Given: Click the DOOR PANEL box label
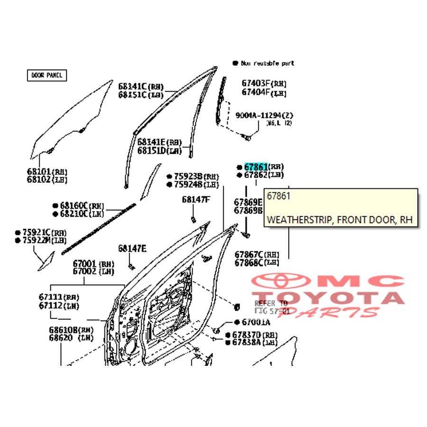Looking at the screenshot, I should click(x=46, y=75).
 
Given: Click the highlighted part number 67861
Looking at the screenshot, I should click(x=256, y=167).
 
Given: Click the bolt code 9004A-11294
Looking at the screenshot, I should click(x=259, y=115).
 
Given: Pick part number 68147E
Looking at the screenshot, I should click(x=132, y=248).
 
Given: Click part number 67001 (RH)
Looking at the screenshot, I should click(x=85, y=263).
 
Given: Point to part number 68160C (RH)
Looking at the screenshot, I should click(x=74, y=205).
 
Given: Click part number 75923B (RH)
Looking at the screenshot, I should click(x=186, y=176).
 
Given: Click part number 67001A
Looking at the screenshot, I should click(x=256, y=322).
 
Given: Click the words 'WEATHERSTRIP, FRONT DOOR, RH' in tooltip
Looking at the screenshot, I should click(x=340, y=220).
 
